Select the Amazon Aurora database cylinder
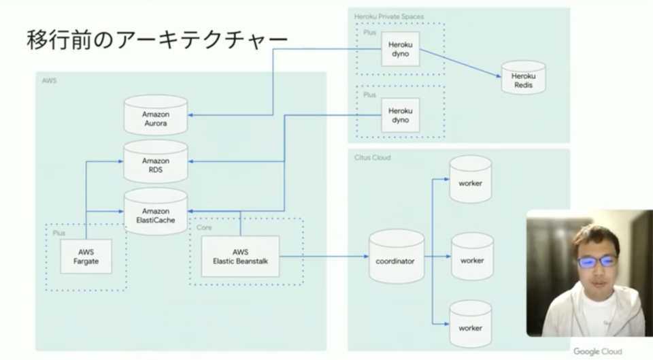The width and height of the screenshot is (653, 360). (x=156, y=114)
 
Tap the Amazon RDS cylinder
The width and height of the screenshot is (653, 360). (x=156, y=161)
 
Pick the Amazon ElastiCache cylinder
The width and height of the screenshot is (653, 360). (x=156, y=212)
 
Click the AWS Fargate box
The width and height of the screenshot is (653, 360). (x=86, y=256)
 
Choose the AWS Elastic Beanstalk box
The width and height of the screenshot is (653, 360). (x=241, y=256)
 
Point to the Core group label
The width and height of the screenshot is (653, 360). (x=203, y=227)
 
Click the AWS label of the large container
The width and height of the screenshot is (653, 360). (x=48, y=80)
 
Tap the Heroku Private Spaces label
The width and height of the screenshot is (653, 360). (x=389, y=15)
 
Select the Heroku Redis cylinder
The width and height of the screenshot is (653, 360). (x=523, y=80)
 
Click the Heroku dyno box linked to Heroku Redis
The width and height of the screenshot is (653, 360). (x=400, y=48)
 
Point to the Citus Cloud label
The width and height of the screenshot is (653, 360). (x=373, y=157)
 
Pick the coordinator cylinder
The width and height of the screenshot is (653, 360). (x=396, y=257)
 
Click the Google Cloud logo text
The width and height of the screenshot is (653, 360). (x=597, y=351)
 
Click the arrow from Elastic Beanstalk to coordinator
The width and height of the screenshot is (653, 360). (x=323, y=257)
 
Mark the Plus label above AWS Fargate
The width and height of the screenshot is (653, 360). (x=59, y=233)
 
